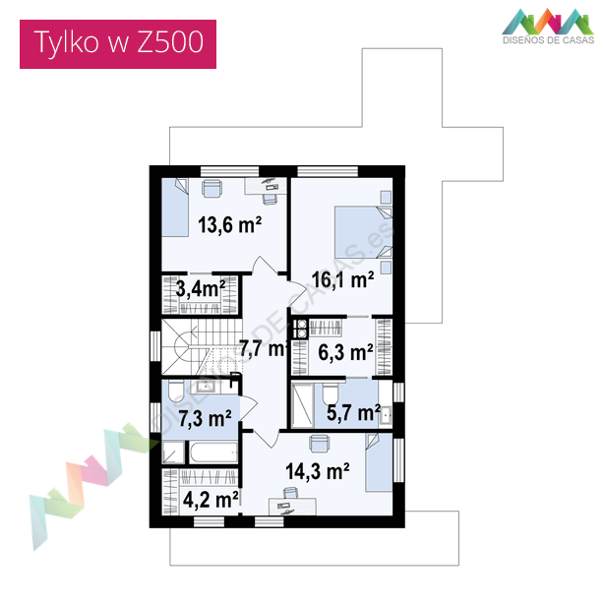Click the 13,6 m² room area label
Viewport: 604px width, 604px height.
click(x=230, y=225)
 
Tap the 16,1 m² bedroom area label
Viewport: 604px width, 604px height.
click(x=342, y=279)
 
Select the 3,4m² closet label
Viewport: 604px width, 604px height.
click(x=201, y=289)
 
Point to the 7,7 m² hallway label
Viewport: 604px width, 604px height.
click(x=264, y=348)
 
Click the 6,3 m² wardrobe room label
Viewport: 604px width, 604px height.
click(x=345, y=352)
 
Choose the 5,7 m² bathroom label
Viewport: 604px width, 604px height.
click(x=353, y=413)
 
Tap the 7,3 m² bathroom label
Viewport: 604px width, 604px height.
click(x=206, y=419)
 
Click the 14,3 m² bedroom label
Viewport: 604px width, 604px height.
click(x=318, y=471)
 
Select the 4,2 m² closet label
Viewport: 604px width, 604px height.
click(x=211, y=500)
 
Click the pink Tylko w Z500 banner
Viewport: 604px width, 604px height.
click(x=118, y=44)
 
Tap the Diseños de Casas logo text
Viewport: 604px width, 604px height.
click(x=548, y=40)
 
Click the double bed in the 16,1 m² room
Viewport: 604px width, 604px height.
click(x=363, y=232)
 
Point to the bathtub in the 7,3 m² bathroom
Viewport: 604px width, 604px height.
click(x=213, y=453)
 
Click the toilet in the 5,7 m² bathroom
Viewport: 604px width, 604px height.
click(x=331, y=393)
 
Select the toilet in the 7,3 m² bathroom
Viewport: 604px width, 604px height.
click(x=177, y=391)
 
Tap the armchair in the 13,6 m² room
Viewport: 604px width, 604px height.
click(x=211, y=188)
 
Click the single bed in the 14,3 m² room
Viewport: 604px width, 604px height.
click(x=379, y=462)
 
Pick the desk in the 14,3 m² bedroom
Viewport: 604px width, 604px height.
click(x=292, y=507)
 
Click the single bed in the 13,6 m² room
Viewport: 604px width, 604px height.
click(x=175, y=208)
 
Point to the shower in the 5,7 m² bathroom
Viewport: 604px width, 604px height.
click(x=303, y=405)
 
